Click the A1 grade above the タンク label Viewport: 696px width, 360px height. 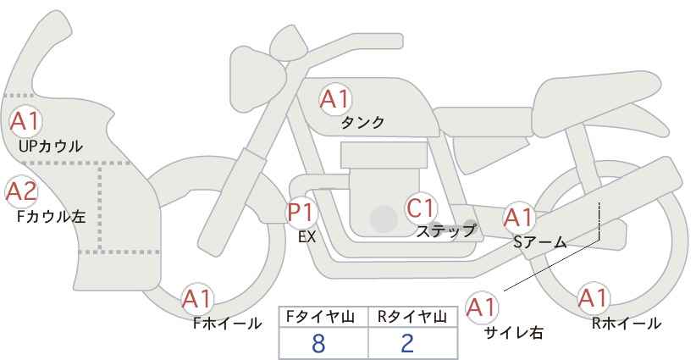click(x=335, y=99)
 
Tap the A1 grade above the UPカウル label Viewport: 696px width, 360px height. click(x=25, y=121)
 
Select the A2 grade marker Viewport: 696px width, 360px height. click(x=21, y=192)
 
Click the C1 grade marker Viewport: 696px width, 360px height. click(x=420, y=208)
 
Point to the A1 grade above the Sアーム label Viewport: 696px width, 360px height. click(x=519, y=218)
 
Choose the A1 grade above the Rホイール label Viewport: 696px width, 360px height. click(x=593, y=298)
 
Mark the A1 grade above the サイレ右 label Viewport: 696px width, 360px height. click(x=482, y=307)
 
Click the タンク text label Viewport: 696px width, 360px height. click(x=362, y=123)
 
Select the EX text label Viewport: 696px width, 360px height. click(x=307, y=237)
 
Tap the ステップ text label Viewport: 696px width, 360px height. click(x=445, y=231)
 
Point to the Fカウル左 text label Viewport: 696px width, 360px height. click(x=51, y=217)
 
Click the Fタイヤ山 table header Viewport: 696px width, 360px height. click(x=320, y=317)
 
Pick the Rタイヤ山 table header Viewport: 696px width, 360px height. click(x=412, y=317)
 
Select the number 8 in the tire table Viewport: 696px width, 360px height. click(x=318, y=343)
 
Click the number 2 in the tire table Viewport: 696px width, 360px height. click(x=407, y=343)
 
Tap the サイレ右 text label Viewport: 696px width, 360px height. click(x=514, y=333)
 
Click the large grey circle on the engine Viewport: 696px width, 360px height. click(x=384, y=219)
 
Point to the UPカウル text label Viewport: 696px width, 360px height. click(x=51, y=146)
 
